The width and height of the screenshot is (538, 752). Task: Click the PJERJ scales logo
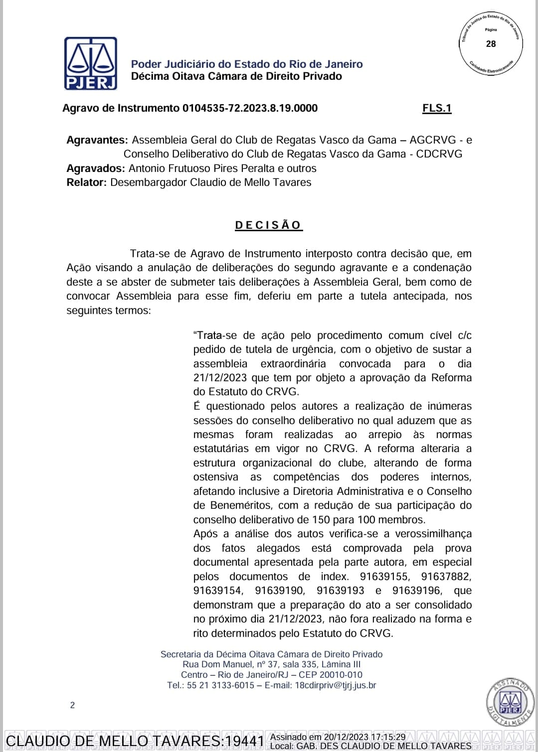tap(91, 63)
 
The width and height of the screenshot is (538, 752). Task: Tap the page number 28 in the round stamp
tap(491, 44)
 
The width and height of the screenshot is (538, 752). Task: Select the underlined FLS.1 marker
tap(437, 108)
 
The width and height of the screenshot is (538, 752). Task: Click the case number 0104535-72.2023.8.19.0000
tap(250, 108)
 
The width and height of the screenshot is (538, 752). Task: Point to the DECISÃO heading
tap(268, 225)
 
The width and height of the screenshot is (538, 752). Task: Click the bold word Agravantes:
tap(97, 140)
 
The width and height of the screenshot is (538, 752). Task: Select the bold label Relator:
tap(86, 182)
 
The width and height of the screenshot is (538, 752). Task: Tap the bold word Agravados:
tap(95, 168)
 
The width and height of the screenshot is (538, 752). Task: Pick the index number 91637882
tap(446, 577)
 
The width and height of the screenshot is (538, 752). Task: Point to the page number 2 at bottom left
tap(73, 705)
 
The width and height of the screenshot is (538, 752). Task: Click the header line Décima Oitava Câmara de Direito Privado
tap(236, 76)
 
